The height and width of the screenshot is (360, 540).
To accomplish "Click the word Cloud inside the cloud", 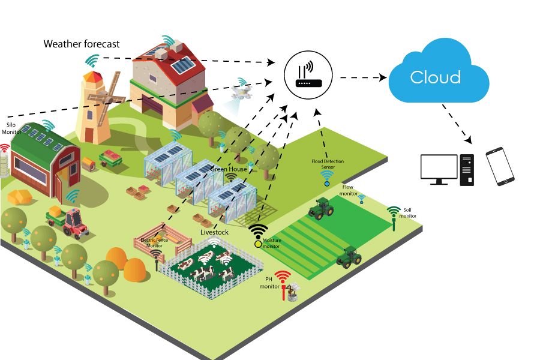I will click(435, 77).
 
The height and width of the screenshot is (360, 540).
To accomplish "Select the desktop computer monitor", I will click(439, 168).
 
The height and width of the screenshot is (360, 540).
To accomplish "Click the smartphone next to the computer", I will click(500, 166).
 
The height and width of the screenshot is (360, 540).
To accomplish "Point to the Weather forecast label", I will click(82, 44).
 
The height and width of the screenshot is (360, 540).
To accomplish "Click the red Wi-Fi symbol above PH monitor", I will click(282, 276).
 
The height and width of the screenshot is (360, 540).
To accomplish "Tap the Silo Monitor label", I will click(10, 128).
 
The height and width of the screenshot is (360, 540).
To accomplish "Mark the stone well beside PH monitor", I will click(292, 294).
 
